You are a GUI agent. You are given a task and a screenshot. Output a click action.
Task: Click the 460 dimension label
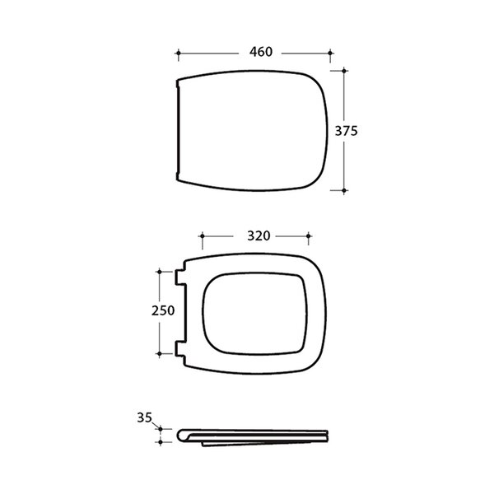(261, 52)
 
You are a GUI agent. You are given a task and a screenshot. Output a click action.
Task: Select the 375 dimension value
(347, 131)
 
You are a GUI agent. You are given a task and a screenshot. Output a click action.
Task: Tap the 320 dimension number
(259, 236)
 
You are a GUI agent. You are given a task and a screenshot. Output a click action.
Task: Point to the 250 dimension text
(163, 311)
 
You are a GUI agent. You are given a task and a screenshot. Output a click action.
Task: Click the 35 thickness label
(145, 417)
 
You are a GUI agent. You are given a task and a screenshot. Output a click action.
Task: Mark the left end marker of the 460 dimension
(179, 54)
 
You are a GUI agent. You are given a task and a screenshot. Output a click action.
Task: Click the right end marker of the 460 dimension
(330, 54)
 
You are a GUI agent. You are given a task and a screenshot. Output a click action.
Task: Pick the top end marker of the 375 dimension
(344, 71)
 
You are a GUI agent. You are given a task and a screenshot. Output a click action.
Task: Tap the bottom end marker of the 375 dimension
(344, 191)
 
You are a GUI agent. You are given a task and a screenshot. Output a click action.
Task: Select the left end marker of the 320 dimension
(203, 236)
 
